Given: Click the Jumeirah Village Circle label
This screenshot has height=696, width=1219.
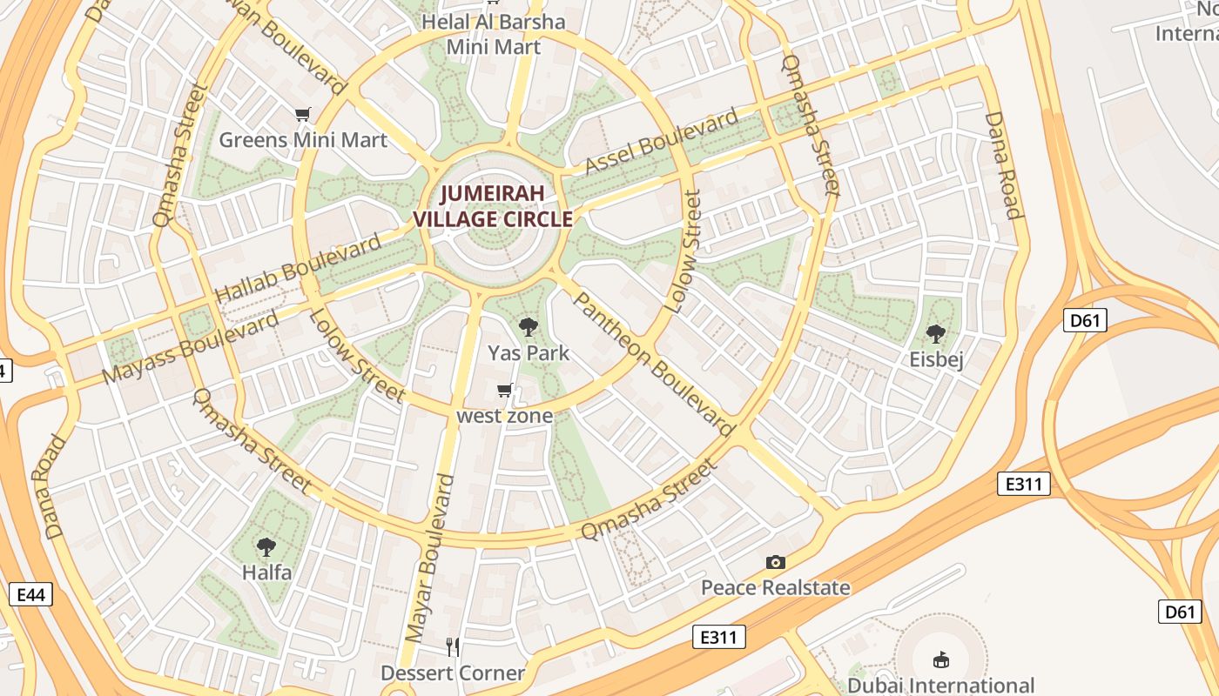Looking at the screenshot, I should coord(493,206).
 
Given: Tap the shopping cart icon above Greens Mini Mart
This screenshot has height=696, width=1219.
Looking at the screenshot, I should coord(303,114).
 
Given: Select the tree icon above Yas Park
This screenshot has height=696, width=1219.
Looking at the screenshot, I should coord(528,327).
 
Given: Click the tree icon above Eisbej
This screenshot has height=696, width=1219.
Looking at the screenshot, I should coord(936,333).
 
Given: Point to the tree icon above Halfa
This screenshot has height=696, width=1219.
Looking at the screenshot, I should coord(266,547).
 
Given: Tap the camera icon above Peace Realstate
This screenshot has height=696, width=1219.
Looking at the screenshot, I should coord(775,562).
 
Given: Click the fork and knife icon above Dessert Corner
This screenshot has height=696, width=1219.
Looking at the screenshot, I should coord(453,646).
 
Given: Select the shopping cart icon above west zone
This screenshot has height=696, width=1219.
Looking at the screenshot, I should coord(504,391).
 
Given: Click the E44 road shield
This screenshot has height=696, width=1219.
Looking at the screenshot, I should coord(30,595).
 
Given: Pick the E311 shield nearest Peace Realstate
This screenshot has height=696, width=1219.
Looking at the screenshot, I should coord(719,637).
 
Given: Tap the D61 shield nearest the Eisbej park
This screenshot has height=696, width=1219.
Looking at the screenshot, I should coord(1084,320).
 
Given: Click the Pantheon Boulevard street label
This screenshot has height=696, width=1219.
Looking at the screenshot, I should coord(654,364).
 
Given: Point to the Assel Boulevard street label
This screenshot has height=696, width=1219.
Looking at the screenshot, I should coord(661,141).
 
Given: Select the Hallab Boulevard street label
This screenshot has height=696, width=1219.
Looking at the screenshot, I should coord(298,268).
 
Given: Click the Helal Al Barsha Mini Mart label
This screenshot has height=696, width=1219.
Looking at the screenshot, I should coord(493,34).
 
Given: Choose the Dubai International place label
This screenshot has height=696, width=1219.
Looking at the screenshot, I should coord(940,686).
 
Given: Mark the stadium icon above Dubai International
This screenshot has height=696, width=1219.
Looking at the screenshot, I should coord(940,659).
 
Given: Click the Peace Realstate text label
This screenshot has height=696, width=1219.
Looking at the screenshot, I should coord(775,587).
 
